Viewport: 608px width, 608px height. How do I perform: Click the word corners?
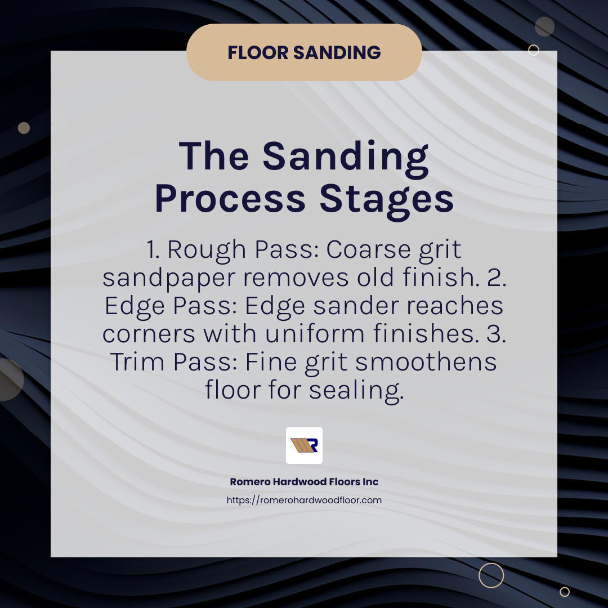click(148, 334)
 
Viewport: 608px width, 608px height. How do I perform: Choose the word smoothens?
click(426, 362)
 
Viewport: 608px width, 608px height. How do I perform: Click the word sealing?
click(355, 390)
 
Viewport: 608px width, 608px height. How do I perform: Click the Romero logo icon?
click(304, 445)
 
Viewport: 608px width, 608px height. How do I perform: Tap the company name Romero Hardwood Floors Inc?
click(304, 482)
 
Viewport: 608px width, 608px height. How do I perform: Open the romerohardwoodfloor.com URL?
click(304, 500)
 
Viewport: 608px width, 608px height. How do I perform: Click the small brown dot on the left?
click(24, 128)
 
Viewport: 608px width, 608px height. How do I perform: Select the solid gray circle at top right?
click(544, 26)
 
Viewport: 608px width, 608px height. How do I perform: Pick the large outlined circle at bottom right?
click(491, 575)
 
